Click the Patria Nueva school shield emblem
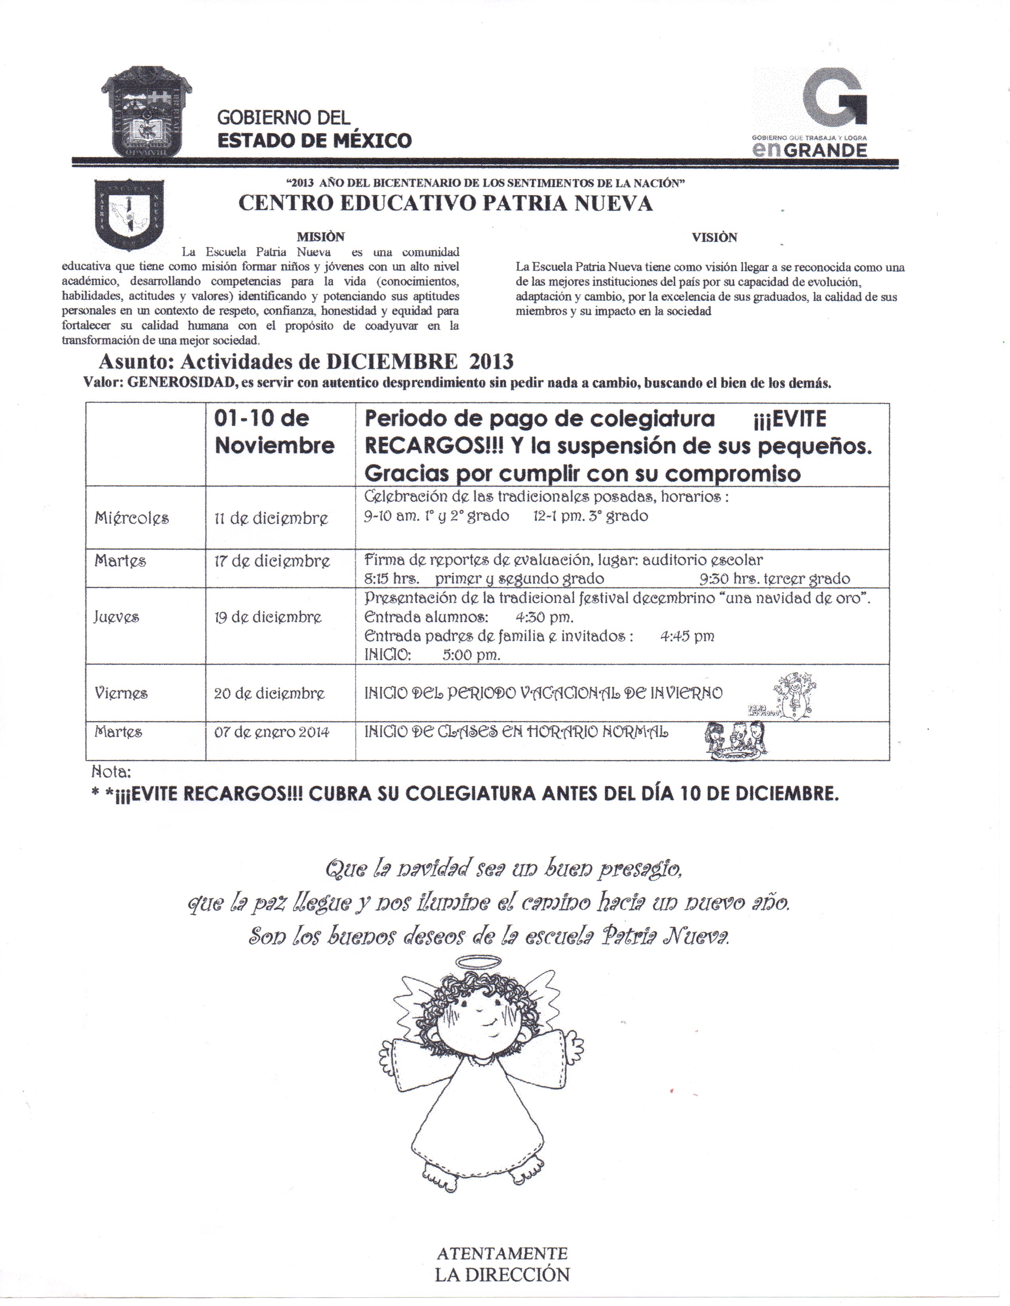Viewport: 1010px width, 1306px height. [129, 214]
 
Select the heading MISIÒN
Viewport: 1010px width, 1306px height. [321, 237]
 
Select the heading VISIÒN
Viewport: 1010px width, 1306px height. [715, 237]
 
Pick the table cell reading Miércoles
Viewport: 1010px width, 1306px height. [131, 518]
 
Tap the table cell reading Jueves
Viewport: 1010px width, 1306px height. [117, 617]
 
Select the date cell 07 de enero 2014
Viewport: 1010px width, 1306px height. [272, 732]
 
